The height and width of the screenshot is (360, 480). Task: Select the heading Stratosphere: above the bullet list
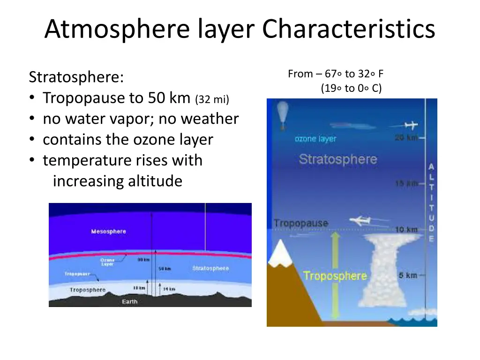click(76, 77)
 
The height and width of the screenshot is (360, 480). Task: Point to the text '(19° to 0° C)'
click(351, 88)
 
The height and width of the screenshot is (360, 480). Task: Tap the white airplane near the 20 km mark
click(410, 126)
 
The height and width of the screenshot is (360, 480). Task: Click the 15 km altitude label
click(405, 184)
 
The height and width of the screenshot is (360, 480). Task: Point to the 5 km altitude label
click(408, 275)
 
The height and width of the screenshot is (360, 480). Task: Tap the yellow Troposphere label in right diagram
click(335, 276)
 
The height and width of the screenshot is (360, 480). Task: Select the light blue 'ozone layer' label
click(315, 139)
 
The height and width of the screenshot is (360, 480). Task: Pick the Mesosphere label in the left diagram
click(108, 232)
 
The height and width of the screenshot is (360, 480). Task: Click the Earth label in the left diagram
click(129, 301)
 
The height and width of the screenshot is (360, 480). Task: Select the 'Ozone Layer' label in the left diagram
click(107, 262)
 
